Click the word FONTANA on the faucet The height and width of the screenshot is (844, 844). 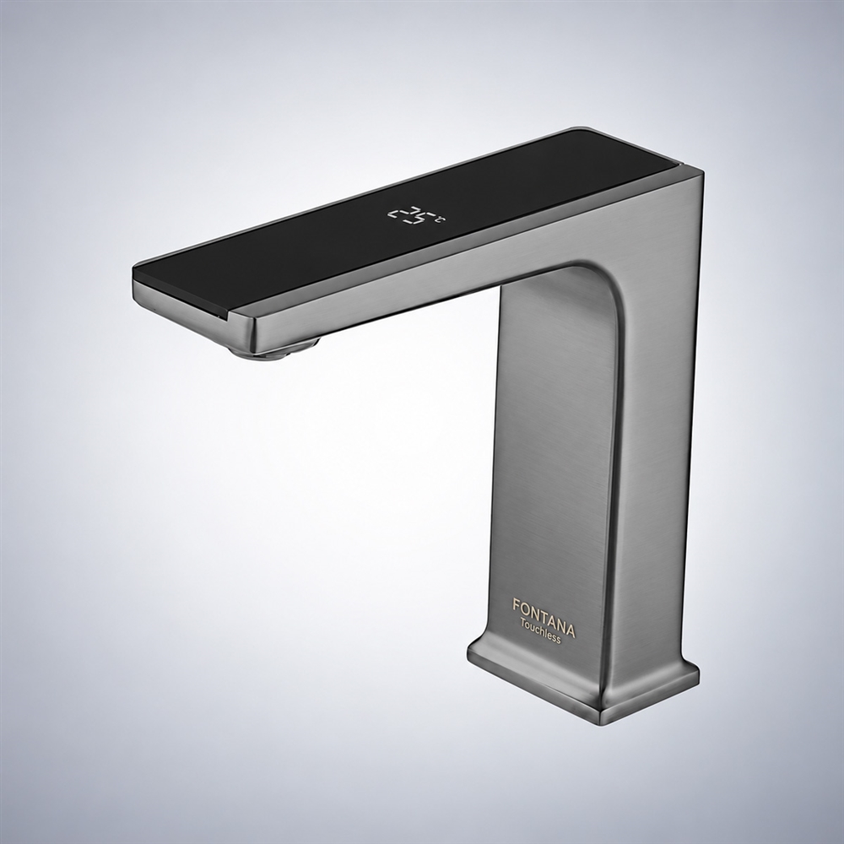click(543, 617)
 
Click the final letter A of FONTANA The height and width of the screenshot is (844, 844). click(570, 630)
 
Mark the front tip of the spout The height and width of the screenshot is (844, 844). click(134, 281)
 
